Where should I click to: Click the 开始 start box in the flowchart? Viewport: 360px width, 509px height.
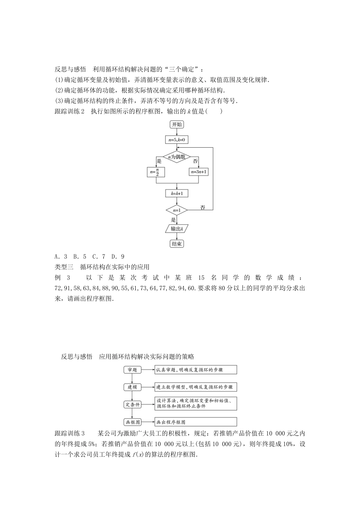point(177,125)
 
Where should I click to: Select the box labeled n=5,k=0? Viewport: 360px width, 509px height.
point(177,140)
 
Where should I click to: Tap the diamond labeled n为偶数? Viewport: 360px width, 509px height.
point(177,156)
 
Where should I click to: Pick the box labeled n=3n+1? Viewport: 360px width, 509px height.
point(199,172)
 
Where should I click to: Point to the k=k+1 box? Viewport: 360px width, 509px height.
point(177,194)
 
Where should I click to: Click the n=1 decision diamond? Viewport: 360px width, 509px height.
point(177,210)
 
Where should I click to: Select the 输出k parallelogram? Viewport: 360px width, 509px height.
point(177,229)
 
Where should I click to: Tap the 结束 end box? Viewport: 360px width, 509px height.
point(177,244)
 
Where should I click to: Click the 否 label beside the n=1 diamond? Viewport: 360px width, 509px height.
point(203,208)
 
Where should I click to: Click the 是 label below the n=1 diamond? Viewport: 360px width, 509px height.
point(173,219)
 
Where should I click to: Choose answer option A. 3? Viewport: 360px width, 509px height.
point(61,256)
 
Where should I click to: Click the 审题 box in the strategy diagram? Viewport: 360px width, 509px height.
point(132,370)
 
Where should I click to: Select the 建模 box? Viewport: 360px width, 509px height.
point(132,387)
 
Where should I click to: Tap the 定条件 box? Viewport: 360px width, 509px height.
point(132,404)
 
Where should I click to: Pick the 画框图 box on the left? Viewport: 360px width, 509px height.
point(132,422)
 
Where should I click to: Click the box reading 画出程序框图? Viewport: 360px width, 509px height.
point(196,422)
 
